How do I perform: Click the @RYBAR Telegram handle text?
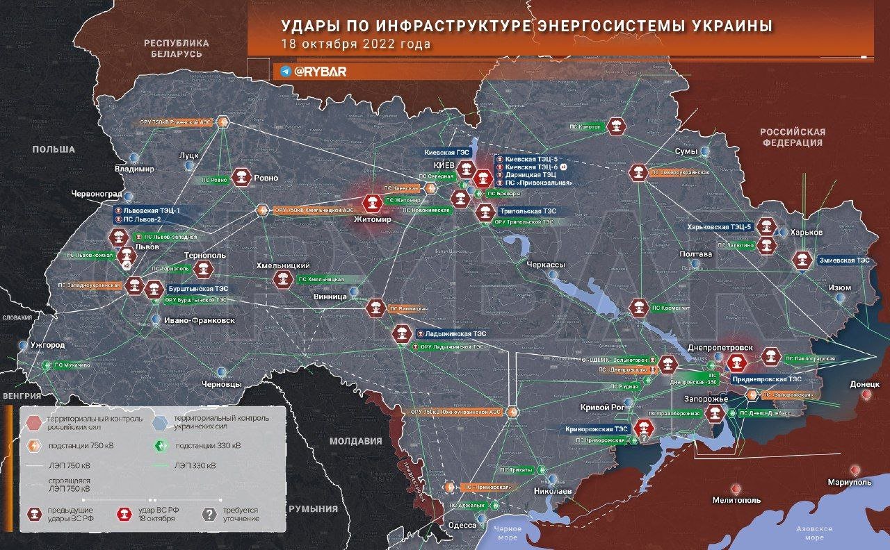[x=320, y=72]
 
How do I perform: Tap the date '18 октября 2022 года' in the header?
[x=355, y=44]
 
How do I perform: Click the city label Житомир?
[x=373, y=219]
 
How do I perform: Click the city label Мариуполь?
[x=849, y=481]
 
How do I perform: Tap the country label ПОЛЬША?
[x=54, y=149]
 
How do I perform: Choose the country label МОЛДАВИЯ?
[x=356, y=441]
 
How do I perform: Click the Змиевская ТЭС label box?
[x=844, y=260]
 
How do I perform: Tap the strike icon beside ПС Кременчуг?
[x=638, y=307]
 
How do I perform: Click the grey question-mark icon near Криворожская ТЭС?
[x=645, y=438]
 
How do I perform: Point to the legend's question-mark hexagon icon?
[x=208, y=514]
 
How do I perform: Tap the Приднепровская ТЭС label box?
[x=766, y=380]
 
